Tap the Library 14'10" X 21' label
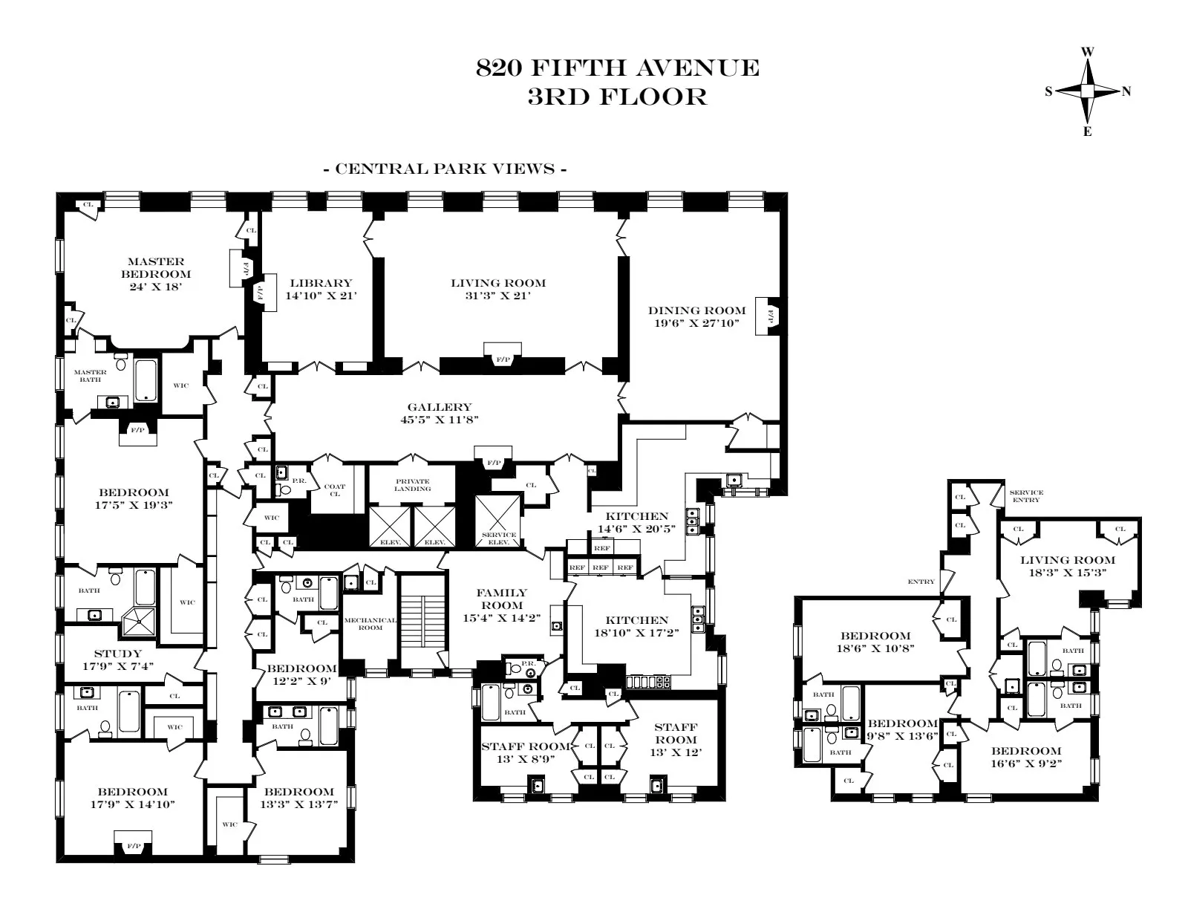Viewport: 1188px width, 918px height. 321,289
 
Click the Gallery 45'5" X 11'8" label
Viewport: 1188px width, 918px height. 439,413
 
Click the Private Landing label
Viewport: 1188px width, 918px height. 412,485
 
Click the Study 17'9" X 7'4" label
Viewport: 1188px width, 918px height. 118,660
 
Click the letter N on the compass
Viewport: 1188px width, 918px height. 1126,91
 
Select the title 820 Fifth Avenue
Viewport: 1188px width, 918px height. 617,68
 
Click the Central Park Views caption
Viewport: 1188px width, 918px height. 446,169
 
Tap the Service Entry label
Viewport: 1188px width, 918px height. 1026,496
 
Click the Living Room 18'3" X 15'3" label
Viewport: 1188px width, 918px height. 1067,567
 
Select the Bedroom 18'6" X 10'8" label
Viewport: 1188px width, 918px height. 875,642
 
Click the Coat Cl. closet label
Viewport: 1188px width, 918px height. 335,490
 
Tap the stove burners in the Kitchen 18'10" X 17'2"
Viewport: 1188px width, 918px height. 648,681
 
